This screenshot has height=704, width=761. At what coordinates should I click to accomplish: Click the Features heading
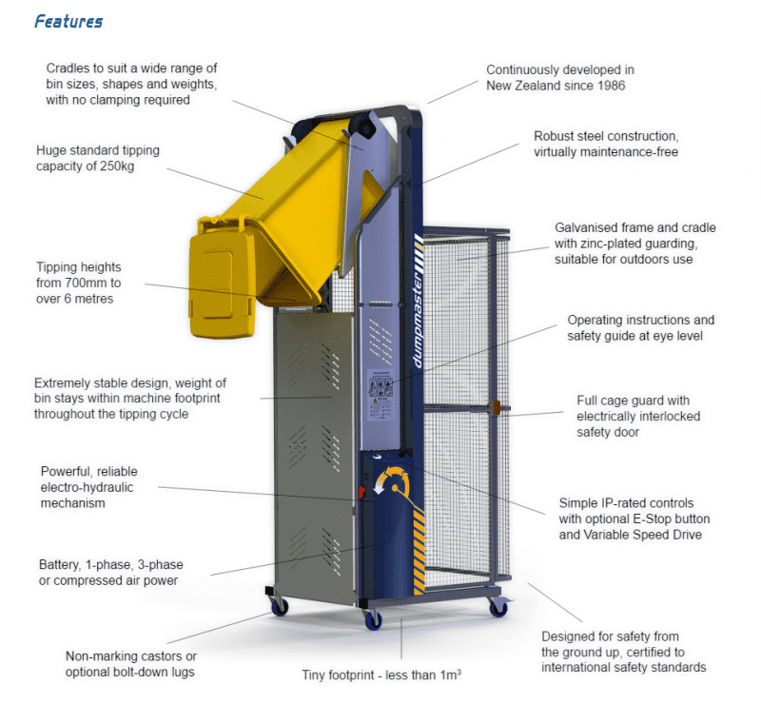click(68, 21)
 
